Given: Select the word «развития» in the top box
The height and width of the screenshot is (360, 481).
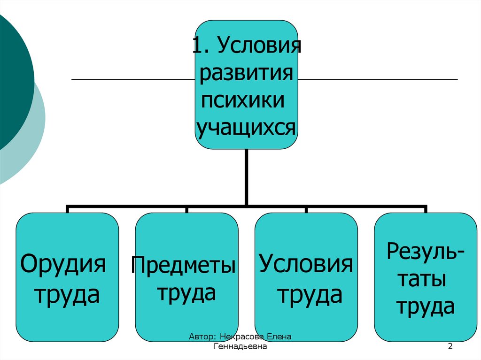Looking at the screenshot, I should tap(247, 74).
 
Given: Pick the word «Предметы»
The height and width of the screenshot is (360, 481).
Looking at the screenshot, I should tap(184, 265).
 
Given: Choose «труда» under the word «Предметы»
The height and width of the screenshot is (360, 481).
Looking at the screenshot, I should tap(186, 293).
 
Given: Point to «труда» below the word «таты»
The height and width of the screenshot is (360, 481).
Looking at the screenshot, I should tap(426, 307).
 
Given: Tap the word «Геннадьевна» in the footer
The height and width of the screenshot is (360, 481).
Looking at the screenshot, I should tap(240, 347).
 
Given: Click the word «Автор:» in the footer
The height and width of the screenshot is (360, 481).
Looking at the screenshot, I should tap(202, 337).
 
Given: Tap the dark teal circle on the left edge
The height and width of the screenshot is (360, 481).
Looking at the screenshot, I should tap(12, 80).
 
